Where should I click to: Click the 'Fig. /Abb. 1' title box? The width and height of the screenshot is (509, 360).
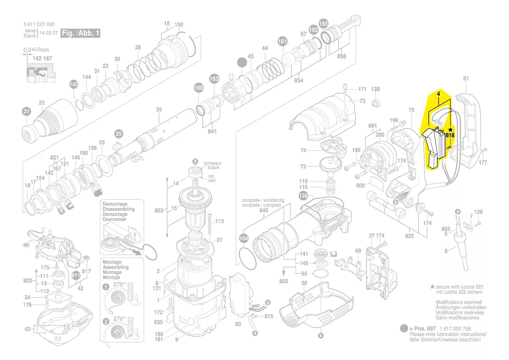[81, 34]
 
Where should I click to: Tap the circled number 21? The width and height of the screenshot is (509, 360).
[26, 112]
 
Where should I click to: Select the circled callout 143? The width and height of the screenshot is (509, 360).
[74, 84]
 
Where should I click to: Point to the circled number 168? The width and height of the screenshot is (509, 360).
[199, 88]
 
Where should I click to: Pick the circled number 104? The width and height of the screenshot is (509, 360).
[243, 238]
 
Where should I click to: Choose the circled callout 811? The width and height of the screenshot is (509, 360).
[76, 275]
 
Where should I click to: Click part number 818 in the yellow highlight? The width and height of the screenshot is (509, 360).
[450, 136]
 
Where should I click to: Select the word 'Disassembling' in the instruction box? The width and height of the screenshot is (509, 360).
[118, 209]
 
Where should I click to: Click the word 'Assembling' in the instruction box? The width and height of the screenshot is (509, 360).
[115, 267]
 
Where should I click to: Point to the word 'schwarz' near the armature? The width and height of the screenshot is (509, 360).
[213, 163]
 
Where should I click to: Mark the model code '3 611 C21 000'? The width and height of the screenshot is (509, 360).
[39, 24]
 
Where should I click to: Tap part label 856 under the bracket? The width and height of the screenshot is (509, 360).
[341, 56]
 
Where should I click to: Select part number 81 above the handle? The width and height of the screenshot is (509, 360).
[466, 78]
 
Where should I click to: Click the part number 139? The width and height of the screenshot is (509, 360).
[375, 89]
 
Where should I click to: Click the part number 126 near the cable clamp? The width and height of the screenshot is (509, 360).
[479, 212]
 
